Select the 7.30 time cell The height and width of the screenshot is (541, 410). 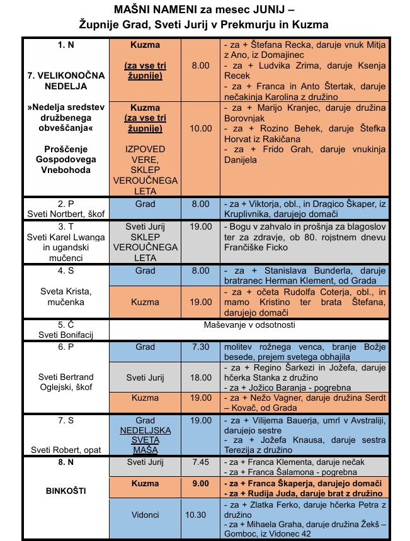(x=200, y=347)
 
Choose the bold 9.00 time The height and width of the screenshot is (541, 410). (x=200, y=484)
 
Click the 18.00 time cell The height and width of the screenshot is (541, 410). (x=200, y=377)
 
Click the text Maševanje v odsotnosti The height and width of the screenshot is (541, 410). (x=259, y=325)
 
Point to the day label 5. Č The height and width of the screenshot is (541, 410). (x=65, y=325)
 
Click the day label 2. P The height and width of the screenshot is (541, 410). (x=65, y=204)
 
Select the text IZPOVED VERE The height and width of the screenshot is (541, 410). (x=145, y=154)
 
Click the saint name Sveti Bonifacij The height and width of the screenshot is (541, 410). (x=65, y=335)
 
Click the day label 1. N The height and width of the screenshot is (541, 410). (x=65, y=45)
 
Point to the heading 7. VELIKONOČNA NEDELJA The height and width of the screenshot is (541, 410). (x=65, y=81)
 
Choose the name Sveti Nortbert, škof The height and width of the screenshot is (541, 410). (x=65, y=213)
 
